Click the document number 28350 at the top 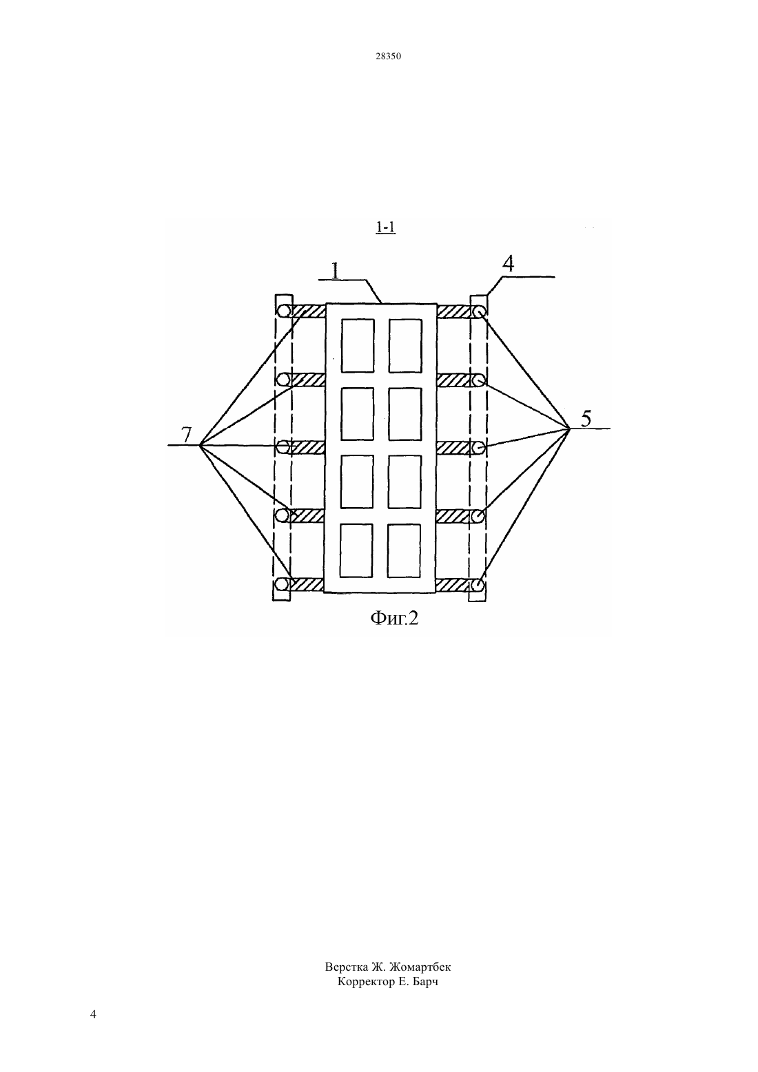[388, 56]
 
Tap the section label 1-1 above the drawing [386, 227]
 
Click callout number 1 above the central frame [336, 270]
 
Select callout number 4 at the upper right [509, 264]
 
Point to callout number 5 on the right [586, 419]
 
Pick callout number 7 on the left [186, 435]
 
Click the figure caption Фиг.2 [394, 618]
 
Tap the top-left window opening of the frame [358, 346]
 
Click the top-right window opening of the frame [405, 346]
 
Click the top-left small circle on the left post [284, 311]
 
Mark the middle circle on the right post [479, 448]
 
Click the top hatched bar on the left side [308, 311]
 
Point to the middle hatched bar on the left [308, 448]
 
